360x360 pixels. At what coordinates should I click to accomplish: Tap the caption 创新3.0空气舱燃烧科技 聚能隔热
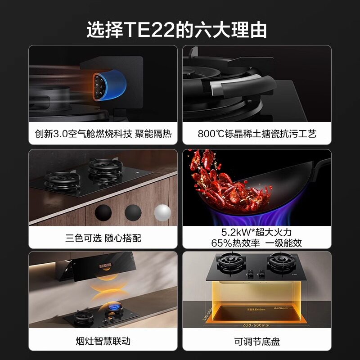coord(103,134)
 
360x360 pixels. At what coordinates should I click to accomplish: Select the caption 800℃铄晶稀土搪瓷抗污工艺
coord(257,134)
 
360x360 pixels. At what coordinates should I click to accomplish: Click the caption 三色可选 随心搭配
coord(103,238)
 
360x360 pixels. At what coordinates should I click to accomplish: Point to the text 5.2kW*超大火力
coord(257,232)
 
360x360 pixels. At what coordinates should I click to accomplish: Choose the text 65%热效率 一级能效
coord(257,243)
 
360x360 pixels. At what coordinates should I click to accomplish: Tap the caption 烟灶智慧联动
coord(103,341)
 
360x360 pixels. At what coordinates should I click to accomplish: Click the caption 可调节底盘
coord(257,341)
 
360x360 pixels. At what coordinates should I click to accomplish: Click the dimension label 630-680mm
coord(256,324)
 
